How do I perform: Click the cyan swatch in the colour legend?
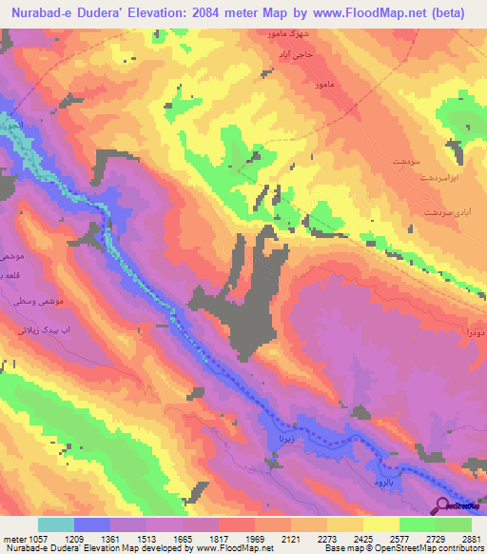click(x=56, y=524)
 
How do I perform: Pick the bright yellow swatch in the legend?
click(x=380, y=524)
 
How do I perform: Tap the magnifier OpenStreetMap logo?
click(x=444, y=505)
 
